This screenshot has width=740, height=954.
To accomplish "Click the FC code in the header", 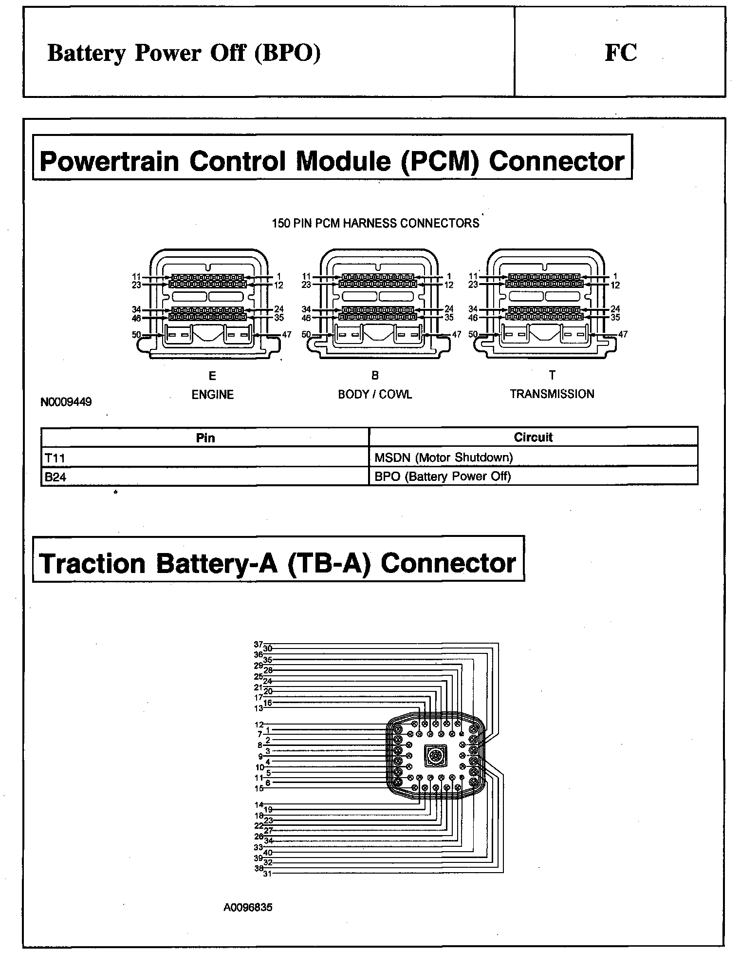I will pos(621,53).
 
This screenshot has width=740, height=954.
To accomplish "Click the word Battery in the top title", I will pos(87,53).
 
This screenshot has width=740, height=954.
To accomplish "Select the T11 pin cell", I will pos(204,458).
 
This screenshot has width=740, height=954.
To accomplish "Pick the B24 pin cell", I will pos(204,477).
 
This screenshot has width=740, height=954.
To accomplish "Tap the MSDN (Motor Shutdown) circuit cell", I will pos(533,458).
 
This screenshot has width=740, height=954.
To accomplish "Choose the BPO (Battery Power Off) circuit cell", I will pos(533,477).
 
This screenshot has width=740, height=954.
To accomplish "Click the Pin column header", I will pos(205,438).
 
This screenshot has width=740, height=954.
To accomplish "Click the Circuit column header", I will pos(533,437).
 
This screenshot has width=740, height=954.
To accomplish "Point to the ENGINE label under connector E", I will pos(212,395).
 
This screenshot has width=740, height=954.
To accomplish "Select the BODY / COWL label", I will pos(375,395).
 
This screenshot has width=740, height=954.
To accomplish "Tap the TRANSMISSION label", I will pos(552,394).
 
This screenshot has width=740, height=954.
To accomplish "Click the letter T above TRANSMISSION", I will pos(552,375).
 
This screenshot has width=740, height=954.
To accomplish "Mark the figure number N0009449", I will pos(66,402).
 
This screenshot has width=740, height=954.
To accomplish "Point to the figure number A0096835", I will pos(248,908).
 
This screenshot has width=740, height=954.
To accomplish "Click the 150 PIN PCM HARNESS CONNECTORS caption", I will pos(375,224).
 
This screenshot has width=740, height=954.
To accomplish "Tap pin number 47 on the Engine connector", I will pos(287,335).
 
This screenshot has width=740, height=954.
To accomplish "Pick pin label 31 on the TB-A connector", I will pos(267,874).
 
